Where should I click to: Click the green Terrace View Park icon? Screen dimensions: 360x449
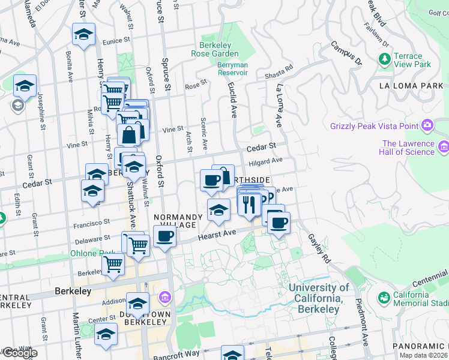tap(384, 59)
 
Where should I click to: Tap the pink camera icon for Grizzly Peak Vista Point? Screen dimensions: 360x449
tap(427, 125)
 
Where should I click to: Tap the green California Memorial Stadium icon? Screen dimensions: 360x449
tap(383, 297)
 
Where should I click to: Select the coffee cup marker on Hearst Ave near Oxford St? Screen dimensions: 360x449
tap(165, 236)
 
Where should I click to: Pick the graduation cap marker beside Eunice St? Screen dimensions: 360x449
tap(83, 34)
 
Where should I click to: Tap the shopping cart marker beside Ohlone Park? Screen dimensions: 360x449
tap(113, 263)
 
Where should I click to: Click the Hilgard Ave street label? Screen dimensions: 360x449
tap(265, 161)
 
